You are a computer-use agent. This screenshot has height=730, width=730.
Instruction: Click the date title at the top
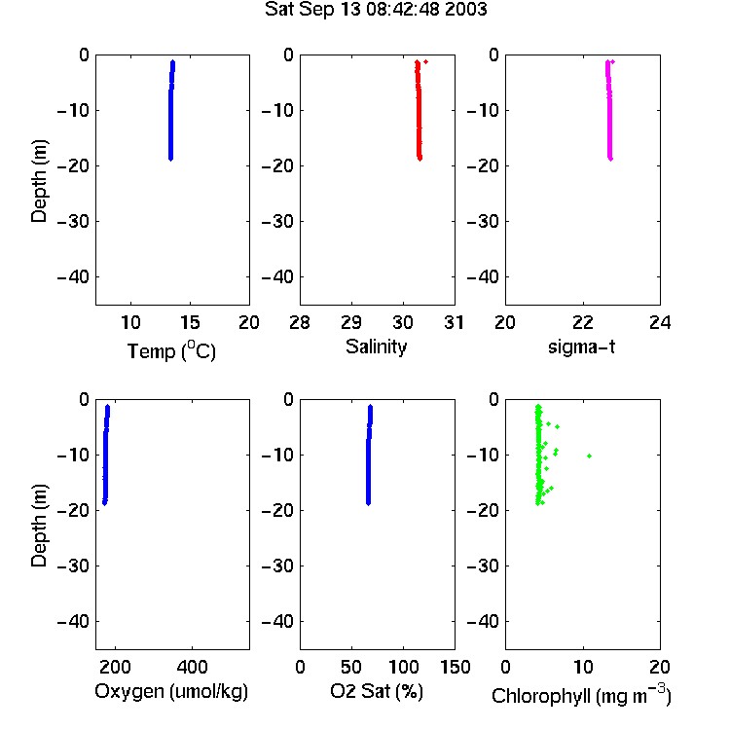(x=376, y=10)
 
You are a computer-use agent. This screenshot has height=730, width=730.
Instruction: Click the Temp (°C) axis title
(x=171, y=351)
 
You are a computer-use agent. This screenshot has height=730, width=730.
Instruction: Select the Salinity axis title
(x=376, y=347)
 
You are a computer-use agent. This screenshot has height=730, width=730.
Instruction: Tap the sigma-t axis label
(x=581, y=347)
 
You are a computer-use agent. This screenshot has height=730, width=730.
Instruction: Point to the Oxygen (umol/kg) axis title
(x=171, y=691)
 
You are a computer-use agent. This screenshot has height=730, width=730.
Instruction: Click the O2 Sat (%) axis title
(x=377, y=691)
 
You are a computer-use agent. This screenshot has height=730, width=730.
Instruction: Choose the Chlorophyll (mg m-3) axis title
(x=581, y=695)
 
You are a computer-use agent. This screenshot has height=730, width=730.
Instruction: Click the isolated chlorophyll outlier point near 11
(x=590, y=456)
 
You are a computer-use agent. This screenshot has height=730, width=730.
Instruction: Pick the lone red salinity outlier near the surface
(x=426, y=62)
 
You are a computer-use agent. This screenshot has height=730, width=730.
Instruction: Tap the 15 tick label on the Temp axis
(x=190, y=322)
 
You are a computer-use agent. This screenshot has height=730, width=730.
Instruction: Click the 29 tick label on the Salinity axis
(x=351, y=322)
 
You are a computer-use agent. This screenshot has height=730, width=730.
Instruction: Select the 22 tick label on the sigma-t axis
(x=583, y=322)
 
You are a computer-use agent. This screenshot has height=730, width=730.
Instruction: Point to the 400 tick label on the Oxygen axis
(x=193, y=667)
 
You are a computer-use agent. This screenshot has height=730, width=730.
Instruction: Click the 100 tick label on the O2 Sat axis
(x=404, y=667)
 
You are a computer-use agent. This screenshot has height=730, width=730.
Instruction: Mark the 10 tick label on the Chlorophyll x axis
(x=583, y=667)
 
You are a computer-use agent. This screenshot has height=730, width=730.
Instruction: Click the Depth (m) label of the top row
(x=39, y=181)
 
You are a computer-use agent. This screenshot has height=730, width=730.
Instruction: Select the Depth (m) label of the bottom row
(x=39, y=526)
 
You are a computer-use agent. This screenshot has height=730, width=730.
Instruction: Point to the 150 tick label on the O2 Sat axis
(x=456, y=667)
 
